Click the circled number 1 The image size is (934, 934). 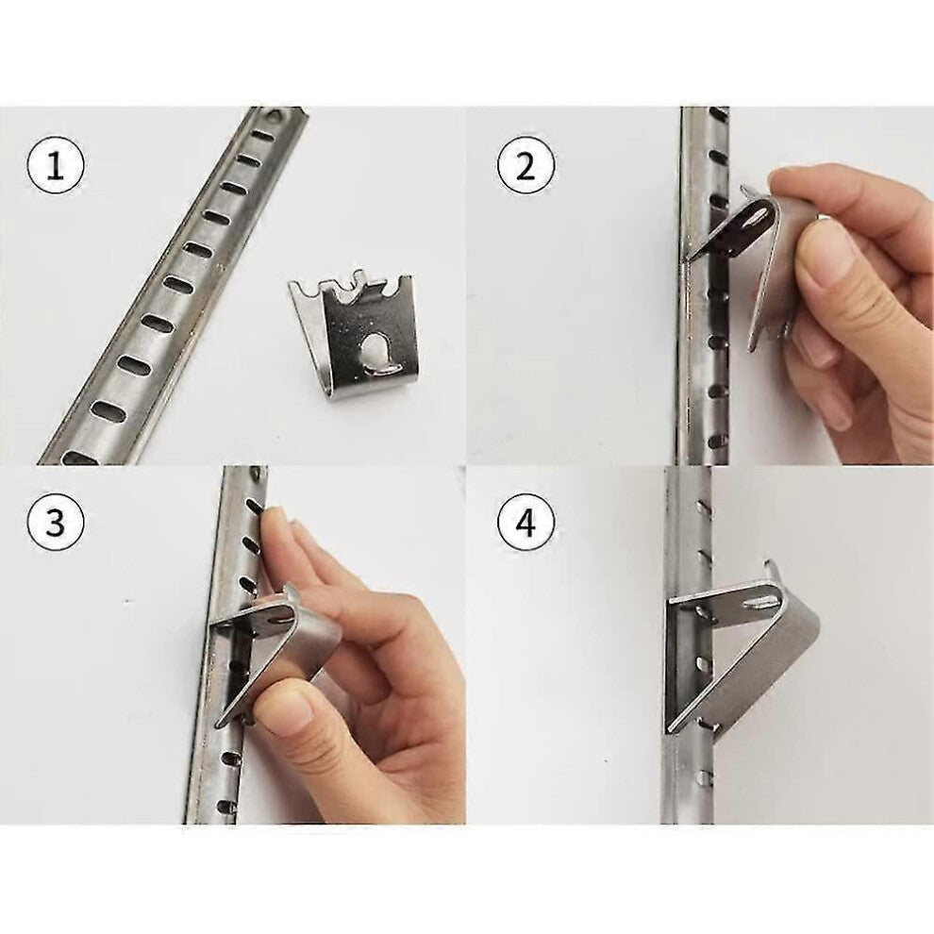[56, 168]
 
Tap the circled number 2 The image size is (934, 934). [525, 166]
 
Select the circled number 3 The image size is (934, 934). [56, 523]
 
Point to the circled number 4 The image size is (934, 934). [525, 523]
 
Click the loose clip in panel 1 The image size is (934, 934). [363, 330]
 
